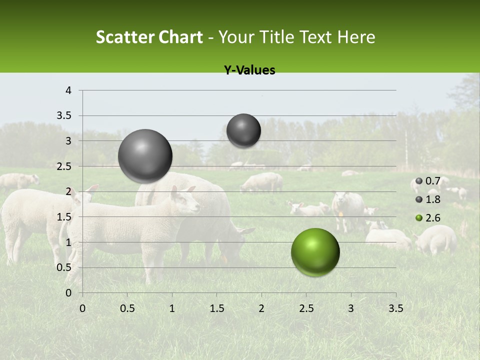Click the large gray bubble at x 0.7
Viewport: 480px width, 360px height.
click(x=145, y=156)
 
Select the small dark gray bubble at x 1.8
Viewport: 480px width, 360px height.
click(x=243, y=130)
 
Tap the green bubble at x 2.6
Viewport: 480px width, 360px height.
click(x=315, y=252)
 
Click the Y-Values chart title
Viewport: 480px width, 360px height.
click(x=249, y=70)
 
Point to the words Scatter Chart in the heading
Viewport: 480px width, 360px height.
click(x=149, y=37)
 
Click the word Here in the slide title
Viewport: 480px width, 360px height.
click(x=356, y=37)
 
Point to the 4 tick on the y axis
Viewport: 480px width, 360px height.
click(x=68, y=90)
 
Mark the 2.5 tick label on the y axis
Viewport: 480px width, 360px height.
click(x=64, y=166)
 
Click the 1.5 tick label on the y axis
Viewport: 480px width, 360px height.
click(x=64, y=217)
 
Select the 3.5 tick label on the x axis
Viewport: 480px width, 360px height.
click(x=395, y=308)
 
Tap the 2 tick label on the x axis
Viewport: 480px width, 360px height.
click(x=261, y=308)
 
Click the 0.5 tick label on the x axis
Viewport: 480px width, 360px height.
click(x=127, y=308)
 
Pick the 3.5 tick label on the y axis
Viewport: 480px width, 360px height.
click(x=64, y=116)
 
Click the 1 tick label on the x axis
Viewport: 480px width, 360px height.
click(x=172, y=308)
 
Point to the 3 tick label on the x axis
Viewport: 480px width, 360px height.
click(x=351, y=308)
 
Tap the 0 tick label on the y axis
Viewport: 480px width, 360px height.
click(x=68, y=293)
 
